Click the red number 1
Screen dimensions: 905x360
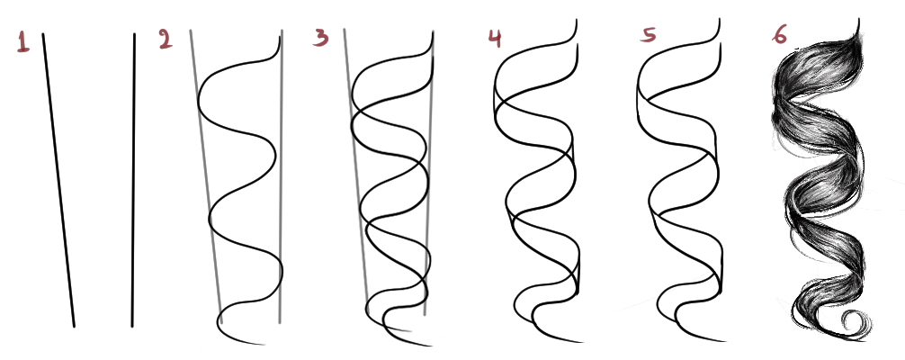pyautogui.click(x=23, y=42)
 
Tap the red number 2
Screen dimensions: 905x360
pyautogui.click(x=166, y=40)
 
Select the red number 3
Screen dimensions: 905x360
pyautogui.click(x=321, y=38)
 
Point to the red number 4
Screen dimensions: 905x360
pyautogui.click(x=495, y=38)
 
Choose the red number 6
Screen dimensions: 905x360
pyautogui.click(x=779, y=34)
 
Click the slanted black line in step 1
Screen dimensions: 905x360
pyautogui.click(x=58, y=180)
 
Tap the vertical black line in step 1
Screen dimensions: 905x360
pyautogui.click(x=133, y=180)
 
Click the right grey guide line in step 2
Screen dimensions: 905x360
pyautogui.click(x=281, y=176)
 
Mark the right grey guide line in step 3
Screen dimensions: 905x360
pyautogui.click(x=429, y=174)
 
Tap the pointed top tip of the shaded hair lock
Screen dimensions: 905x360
pyautogui.click(x=859, y=19)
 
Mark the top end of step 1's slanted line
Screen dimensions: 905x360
pyautogui.click(x=43, y=34)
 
